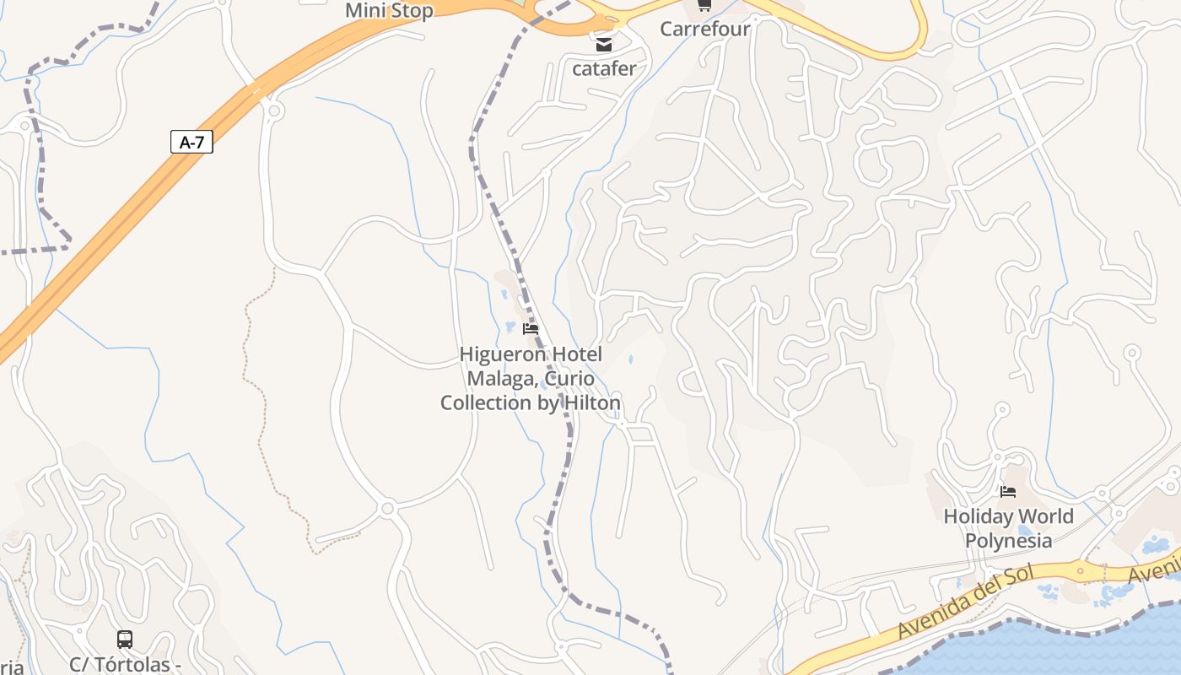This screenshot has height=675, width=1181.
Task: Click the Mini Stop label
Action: click(389, 11)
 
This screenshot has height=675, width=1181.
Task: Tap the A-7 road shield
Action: click(191, 142)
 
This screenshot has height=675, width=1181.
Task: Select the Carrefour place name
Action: click(704, 29)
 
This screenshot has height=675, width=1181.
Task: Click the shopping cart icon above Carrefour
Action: click(704, 6)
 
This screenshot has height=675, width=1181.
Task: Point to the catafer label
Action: click(604, 69)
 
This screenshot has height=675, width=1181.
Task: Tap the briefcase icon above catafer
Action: click(604, 45)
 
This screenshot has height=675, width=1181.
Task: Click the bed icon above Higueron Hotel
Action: click(531, 328)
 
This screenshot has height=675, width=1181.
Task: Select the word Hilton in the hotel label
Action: click(589, 403)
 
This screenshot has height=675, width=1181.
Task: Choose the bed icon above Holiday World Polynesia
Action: click(1008, 491)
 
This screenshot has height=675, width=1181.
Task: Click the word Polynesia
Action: click(1008, 541)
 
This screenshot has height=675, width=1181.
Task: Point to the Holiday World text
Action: click(1008, 516)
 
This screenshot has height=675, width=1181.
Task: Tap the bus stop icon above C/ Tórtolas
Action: click(125, 640)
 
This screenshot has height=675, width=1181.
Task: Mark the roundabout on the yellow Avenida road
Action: click(1081, 570)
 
